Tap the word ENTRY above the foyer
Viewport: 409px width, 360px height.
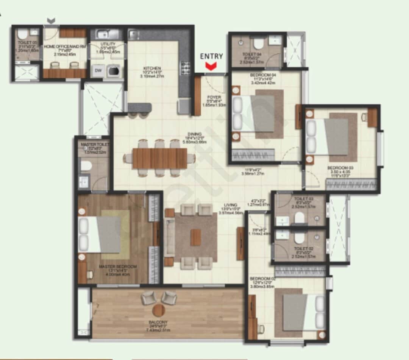(x=211, y=56)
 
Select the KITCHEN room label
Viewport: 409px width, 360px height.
(x=153, y=68)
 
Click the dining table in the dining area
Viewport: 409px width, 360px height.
(x=160, y=158)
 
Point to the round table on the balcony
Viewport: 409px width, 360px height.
(x=159, y=310)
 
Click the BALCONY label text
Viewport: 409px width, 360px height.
(x=158, y=323)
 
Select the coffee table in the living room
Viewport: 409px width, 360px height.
(x=195, y=237)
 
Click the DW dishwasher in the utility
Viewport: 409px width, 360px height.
(x=98, y=71)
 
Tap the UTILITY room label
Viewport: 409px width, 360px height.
(x=108, y=44)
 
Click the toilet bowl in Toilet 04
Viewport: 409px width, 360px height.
(x=259, y=44)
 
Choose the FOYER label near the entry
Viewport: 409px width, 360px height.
(x=214, y=97)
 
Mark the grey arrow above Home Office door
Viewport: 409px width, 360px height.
(x=51, y=20)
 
